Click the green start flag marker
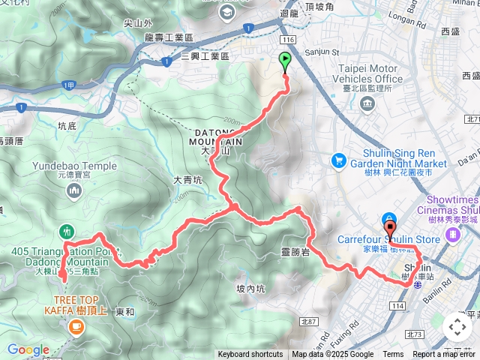(286, 61)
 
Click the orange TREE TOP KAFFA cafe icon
(76, 326)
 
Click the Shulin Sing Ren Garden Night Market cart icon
(339, 160)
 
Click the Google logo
(28, 349)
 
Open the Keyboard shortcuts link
(250, 355)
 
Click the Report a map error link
(445, 355)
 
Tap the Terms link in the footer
(393, 355)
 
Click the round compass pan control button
(457, 326)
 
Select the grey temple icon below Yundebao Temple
(73, 192)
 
